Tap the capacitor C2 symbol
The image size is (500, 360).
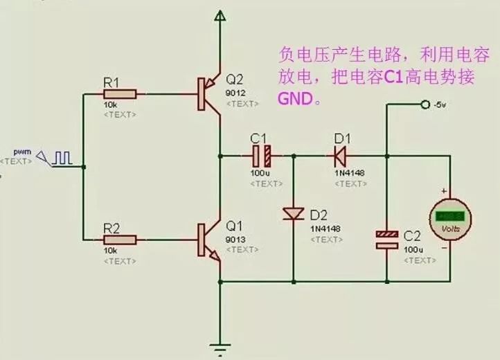(x=387, y=240)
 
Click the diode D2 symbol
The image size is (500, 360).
(x=293, y=215)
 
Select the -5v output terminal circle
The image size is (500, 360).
(x=425, y=105)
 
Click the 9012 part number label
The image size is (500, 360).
(x=235, y=91)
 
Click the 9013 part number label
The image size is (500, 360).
(x=235, y=240)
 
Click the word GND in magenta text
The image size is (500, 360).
(x=294, y=99)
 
